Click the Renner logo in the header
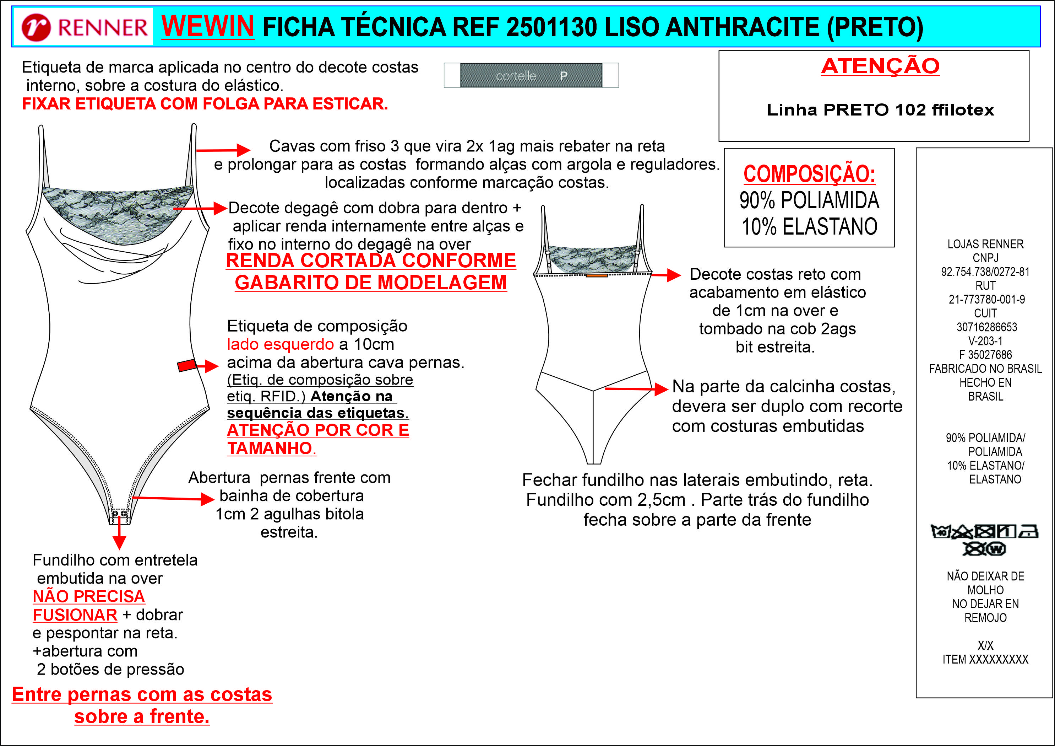(x=84, y=27)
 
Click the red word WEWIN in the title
(x=208, y=26)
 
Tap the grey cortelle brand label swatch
(x=531, y=75)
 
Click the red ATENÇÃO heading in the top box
(x=880, y=66)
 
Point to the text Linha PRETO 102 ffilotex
(x=880, y=110)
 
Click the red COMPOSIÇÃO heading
(x=809, y=174)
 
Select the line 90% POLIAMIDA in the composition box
(x=809, y=200)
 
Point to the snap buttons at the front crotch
(x=119, y=513)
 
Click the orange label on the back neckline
(x=597, y=275)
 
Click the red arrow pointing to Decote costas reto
(x=666, y=275)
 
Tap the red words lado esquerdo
(x=280, y=344)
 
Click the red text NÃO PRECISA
(x=89, y=596)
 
